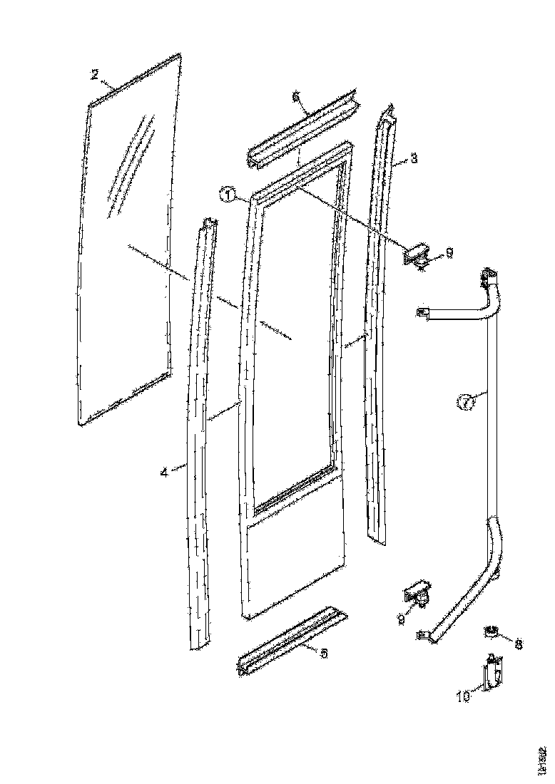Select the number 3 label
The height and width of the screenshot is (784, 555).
414,162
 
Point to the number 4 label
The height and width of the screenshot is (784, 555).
165,471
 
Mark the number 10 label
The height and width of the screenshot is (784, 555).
464,696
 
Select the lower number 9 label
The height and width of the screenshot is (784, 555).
402,620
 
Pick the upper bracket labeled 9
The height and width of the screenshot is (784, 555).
414,255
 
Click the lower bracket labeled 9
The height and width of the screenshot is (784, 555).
417,592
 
